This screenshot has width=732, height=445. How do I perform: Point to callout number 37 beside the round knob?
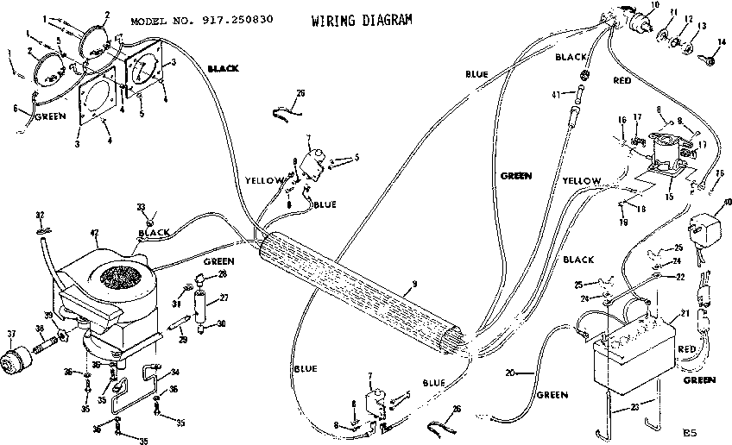11,335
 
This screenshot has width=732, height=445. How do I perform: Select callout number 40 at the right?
727,203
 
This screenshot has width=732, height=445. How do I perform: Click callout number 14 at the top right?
723,41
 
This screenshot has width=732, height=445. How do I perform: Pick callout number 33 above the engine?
142,206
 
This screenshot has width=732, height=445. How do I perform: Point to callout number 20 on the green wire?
511,372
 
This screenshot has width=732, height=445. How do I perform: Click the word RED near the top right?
622,80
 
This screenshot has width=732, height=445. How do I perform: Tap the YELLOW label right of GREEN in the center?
582,180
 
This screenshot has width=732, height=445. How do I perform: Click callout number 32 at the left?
40,215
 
